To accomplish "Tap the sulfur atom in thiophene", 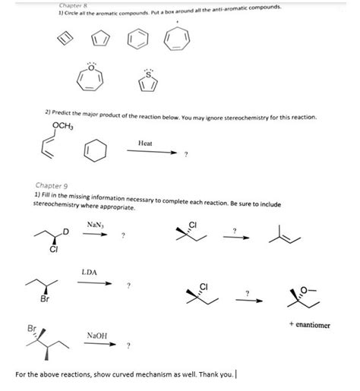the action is click(149, 74).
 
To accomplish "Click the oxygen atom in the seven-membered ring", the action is click(90, 68).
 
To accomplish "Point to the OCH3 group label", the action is click(63, 125).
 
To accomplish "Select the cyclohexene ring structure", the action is click(84, 150).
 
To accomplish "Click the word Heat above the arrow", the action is click(145, 143).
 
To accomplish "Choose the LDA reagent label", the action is click(89, 273).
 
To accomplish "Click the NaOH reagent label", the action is click(97, 336).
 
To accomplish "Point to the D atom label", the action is click(65, 232).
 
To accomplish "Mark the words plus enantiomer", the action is click(310, 324).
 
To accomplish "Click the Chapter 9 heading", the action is click(52, 185).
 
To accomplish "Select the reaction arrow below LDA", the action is click(94, 283).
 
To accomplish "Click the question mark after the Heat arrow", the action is click(186, 154).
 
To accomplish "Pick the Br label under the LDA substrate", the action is click(45, 299).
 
